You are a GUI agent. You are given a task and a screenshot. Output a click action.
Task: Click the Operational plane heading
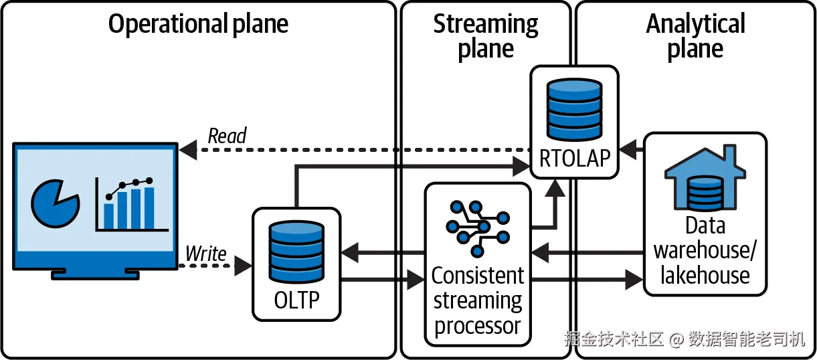[198, 25]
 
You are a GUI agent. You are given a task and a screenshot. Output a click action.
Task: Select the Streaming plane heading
[486, 37]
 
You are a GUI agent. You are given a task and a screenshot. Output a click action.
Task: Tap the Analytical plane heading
[695, 37]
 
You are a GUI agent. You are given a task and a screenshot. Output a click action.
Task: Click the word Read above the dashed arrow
[228, 136]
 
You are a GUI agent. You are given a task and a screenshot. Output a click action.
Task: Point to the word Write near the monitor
[206, 254]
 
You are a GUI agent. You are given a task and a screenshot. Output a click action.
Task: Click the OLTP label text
[297, 300]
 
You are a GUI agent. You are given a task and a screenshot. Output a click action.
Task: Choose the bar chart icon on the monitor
[128, 204]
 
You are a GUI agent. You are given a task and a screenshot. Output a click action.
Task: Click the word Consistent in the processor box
[478, 276]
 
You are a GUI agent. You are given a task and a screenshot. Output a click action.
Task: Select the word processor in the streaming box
[478, 326]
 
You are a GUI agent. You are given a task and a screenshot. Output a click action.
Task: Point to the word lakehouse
[705, 275]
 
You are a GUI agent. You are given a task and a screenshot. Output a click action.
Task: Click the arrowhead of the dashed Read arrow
[188, 151]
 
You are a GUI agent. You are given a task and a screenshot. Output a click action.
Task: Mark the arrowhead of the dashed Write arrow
[244, 266]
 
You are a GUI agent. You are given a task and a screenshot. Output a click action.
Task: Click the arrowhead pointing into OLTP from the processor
[349, 253]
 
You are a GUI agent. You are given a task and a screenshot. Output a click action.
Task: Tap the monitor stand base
[96, 274]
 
